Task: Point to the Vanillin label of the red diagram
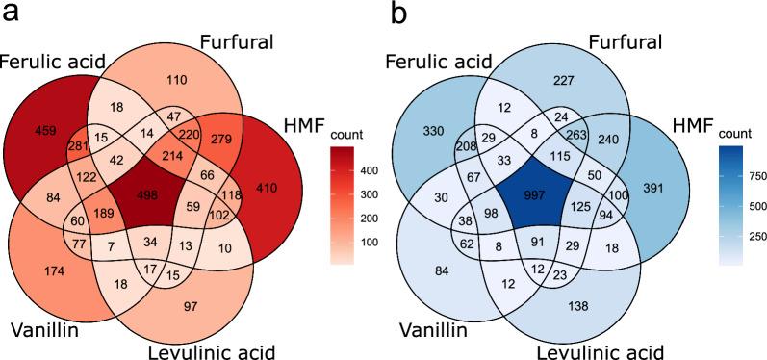(50, 330)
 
